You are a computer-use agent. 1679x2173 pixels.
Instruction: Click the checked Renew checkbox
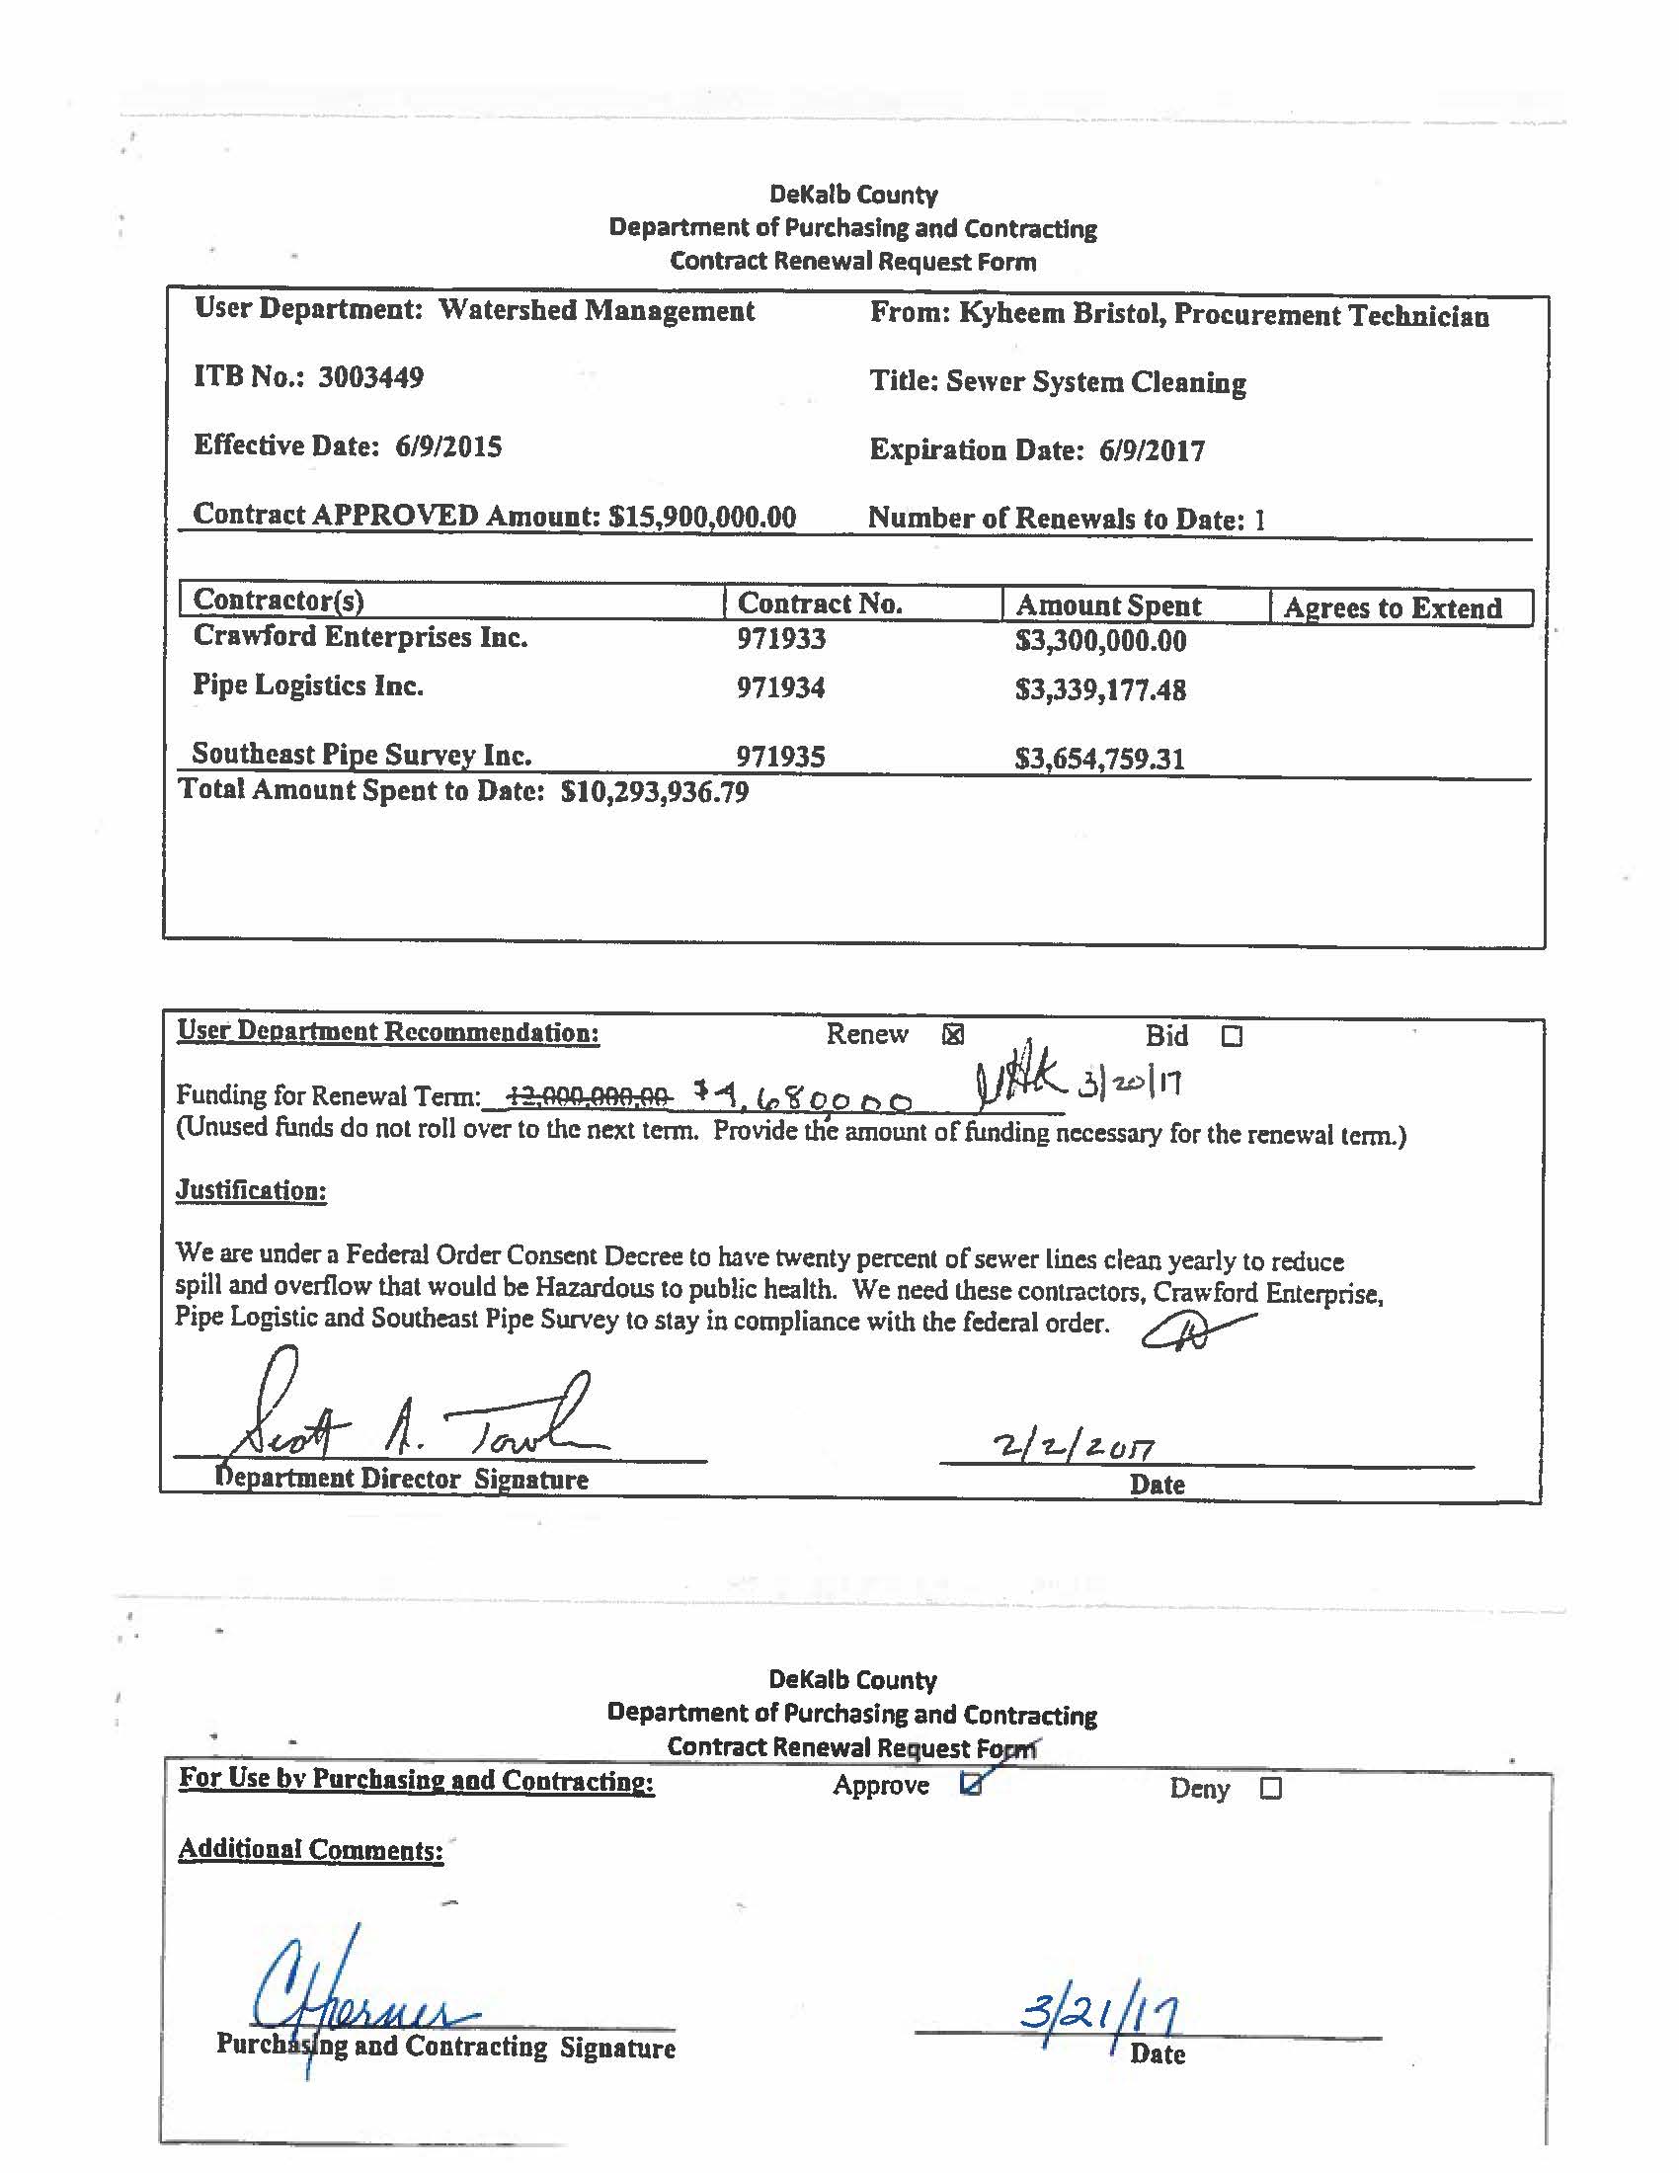[x=952, y=1036]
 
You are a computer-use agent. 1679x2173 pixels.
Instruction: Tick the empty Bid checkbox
[x=1232, y=1037]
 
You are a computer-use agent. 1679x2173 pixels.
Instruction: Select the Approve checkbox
[x=971, y=1785]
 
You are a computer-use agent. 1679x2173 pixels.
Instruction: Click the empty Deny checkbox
[x=1270, y=1788]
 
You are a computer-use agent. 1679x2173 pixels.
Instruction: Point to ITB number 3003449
[x=370, y=378]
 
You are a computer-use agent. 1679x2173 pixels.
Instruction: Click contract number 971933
[x=781, y=639]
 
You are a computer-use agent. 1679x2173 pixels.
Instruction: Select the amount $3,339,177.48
[x=1100, y=689]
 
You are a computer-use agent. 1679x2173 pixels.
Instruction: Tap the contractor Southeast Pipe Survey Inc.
[x=361, y=755]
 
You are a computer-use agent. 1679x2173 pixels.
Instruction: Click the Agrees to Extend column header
[x=1392, y=607]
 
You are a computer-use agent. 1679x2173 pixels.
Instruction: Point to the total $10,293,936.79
[x=655, y=792]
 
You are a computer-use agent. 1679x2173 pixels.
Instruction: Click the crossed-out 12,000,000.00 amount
[x=589, y=1096]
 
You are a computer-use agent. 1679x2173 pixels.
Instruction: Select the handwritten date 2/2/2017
[x=1074, y=1446]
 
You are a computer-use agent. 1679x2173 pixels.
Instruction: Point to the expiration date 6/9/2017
[x=1151, y=451]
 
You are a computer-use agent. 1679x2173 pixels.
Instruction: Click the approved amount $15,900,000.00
[x=702, y=517]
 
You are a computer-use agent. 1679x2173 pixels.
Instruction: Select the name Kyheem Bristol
[x=1061, y=314]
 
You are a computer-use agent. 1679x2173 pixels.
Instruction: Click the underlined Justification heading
[x=252, y=1190]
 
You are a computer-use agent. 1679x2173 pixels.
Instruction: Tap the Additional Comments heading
[x=310, y=1850]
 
